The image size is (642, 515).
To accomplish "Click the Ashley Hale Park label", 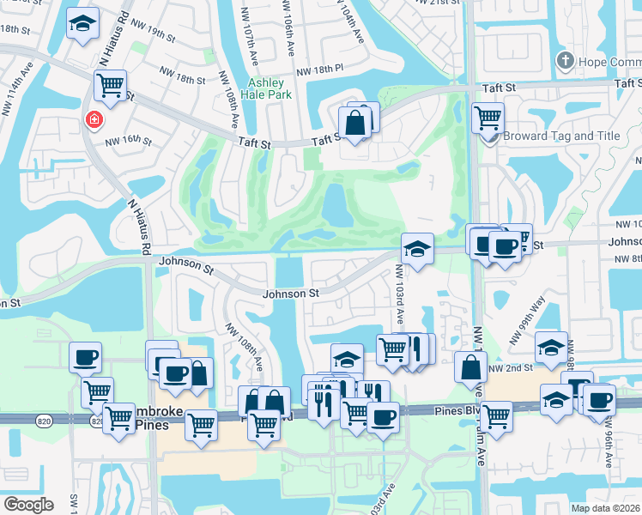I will click(x=270, y=88).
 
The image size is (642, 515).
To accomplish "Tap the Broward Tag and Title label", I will click(x=561, y=136).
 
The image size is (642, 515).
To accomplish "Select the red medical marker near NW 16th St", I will click(x=92, y=121).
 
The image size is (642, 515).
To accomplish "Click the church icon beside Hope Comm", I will click(x=564, y=61).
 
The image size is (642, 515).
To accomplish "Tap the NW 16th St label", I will click(x=129, y=142).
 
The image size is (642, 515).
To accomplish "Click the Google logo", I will click(x=28, y=505).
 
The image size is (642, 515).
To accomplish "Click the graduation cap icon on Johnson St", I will click(x=417, y=249).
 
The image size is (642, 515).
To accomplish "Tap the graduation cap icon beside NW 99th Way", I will click(x=551, y=347).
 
